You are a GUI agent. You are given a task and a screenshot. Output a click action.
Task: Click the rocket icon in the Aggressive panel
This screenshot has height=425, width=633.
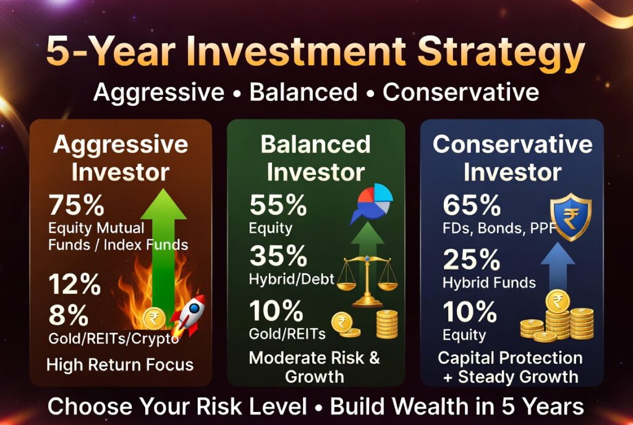(188, 315)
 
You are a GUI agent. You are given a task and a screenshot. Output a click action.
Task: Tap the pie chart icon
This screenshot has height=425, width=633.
(372, 203)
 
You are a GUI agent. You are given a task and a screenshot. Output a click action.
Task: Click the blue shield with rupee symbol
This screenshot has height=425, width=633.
(571, 217)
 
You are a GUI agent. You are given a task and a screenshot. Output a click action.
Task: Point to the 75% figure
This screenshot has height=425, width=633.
(77, 205)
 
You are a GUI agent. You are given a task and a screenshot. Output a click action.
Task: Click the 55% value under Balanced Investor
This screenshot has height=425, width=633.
(278, 205)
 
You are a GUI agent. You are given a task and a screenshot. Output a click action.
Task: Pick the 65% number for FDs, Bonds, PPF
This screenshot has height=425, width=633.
(472, 205)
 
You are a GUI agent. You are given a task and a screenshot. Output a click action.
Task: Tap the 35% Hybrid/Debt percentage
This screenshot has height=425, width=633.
(278, 256)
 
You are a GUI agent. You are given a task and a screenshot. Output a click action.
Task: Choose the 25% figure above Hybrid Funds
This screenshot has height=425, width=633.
(472, 259)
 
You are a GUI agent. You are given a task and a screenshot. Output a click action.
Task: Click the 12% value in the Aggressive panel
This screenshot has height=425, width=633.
(75, 285)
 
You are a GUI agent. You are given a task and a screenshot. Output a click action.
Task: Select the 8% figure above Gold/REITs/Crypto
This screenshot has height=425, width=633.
(68, 315)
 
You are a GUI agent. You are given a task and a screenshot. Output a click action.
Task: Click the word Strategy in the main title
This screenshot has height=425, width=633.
(501, 52)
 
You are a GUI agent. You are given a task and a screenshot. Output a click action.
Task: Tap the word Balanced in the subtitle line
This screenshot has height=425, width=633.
(304, 92)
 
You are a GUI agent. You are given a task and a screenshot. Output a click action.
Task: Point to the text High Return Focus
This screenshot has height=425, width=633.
(120, 365)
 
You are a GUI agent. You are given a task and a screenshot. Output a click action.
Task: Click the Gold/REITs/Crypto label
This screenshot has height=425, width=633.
(114, 338)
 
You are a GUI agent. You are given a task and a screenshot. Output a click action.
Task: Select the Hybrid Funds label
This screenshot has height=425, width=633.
(490, 282)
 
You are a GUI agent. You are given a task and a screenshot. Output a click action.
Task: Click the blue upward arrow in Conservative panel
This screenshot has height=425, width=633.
(558, 267)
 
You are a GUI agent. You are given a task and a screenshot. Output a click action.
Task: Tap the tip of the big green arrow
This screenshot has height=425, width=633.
(163, 189)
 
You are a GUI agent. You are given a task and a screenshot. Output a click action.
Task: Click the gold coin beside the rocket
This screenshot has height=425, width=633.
(154, 319)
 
